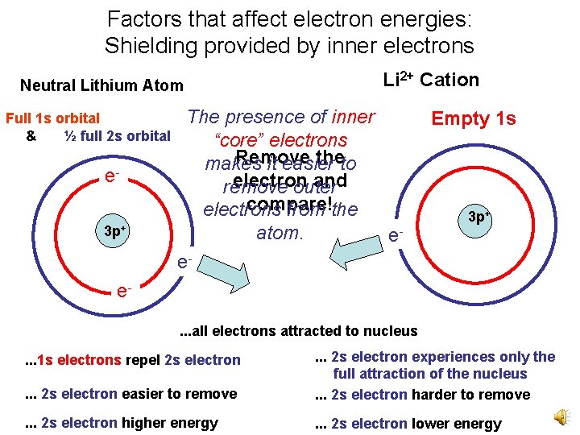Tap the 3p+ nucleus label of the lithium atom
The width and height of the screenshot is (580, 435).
[x=116, y=231]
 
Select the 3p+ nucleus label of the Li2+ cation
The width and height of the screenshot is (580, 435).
[x=480, y=217]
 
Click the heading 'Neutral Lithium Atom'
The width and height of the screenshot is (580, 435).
[x=101, y=85]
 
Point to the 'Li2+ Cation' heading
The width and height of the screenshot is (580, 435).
[x=431, y=80]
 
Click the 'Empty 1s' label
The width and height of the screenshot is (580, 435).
[x=474, y=118]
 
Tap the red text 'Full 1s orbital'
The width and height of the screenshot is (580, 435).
[x=53, y=118]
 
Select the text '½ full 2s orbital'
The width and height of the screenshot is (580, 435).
[x=117, y=135]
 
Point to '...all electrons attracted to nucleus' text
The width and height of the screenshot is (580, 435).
[x=298, y=330]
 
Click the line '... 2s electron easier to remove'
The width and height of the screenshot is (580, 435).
[x=130, y=394]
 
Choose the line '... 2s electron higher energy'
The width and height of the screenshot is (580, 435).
[x=121, y=423]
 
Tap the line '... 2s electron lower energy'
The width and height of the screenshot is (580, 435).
[x=408, y=424]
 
